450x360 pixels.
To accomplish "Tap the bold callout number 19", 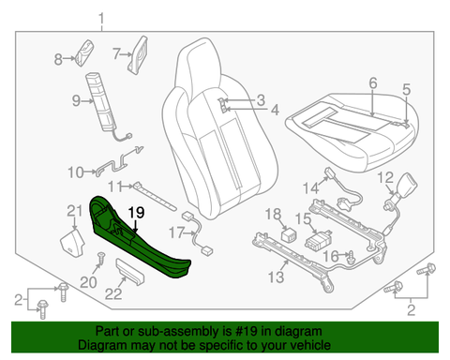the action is click(136, 213).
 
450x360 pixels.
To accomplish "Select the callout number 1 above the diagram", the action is click(101, 19).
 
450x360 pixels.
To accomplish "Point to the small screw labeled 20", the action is click(101, 259).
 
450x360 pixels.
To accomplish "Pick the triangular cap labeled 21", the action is click(72, 243).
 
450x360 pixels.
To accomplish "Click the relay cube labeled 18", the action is click(289, 235).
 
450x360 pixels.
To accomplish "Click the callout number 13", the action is click(277, 277).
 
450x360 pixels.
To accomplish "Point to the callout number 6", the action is click(373, 82).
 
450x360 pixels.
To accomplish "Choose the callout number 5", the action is click(406, 89).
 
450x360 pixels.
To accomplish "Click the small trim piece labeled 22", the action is click(130, 272).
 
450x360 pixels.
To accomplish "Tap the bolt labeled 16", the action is click(350, 255).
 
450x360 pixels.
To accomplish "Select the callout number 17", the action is click(176, 232).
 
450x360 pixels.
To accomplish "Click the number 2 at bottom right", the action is click(412, 310).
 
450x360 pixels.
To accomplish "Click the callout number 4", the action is click(275, 110).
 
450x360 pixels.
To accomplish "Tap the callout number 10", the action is click(76, 172).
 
